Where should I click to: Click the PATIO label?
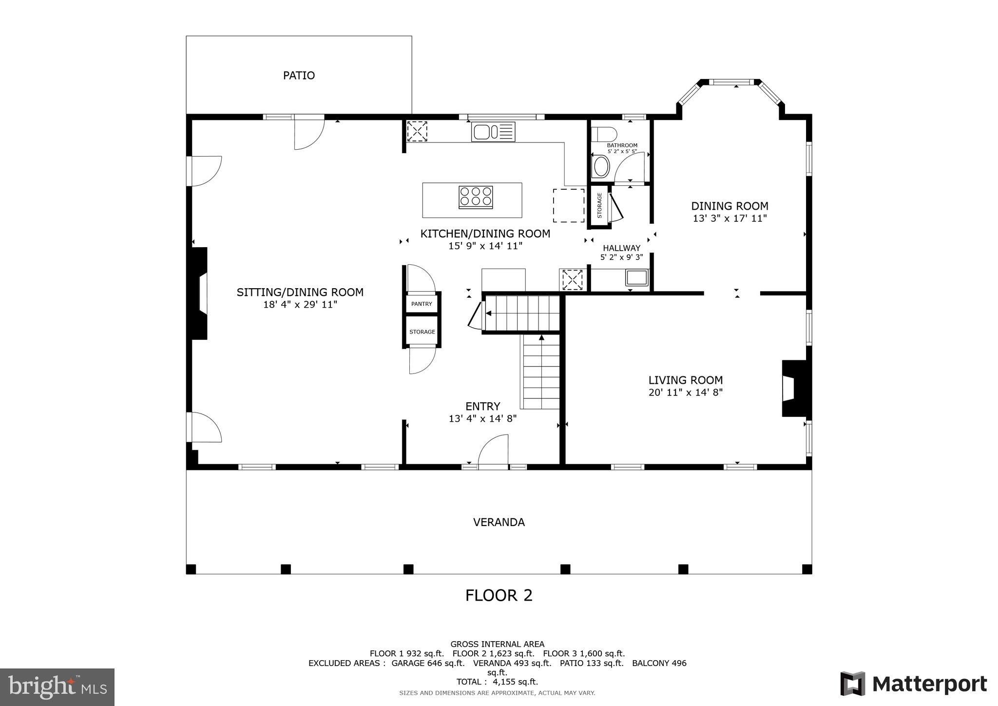coord(299,76)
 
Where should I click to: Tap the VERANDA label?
coord(499,522)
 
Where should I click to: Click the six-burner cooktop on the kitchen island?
coord(476,197)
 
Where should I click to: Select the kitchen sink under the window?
coord(493,132)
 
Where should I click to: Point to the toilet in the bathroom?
coord(603,134)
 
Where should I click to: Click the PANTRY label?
coord(422,304)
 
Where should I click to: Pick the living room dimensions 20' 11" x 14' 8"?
coord(685,392)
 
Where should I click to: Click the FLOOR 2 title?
coord(499,595)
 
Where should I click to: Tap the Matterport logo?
coord(913,684)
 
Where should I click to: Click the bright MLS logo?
coord(57,687)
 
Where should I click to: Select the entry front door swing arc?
coord(493,451)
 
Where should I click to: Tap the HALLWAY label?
coord(621,248)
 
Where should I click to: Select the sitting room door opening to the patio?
coord(309,133)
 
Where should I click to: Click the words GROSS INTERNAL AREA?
coord(497,644)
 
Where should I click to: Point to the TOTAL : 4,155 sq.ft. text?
coord(497,682)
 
